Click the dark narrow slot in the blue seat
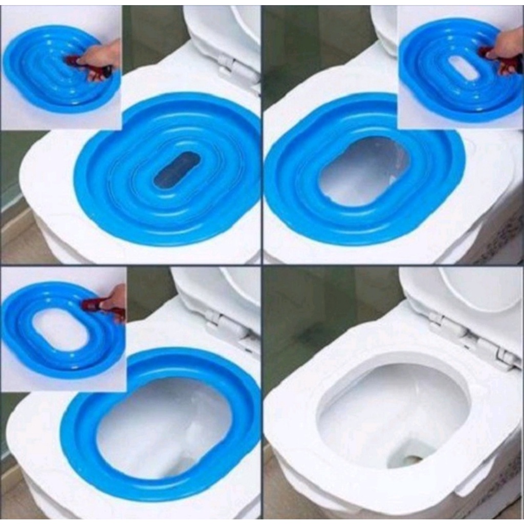tap(177, 170)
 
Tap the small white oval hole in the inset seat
tap(464, 69)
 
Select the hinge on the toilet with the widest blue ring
tap(230, 327)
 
